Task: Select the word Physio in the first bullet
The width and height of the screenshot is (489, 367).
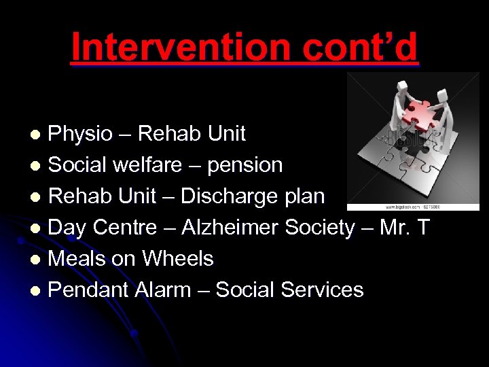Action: click(x=81, y=134)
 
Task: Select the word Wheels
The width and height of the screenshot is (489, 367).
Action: click(x=177, y=259)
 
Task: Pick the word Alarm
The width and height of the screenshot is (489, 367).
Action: click(x=172, y=290)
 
